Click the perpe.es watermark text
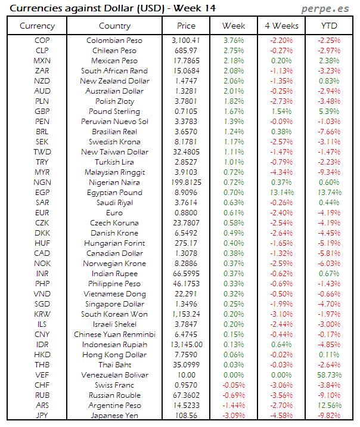[326, 8]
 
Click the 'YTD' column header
[328, 26]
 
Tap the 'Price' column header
[187, 26]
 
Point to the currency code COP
[42, 41]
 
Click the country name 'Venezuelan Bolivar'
[114, 375]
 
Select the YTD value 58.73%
[329, 375]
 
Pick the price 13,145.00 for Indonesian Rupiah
[187, 345]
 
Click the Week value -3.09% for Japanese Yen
[233, 416]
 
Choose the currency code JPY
[42, 416]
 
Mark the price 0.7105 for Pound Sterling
[187, 112]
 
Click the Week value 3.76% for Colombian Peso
[233, 41]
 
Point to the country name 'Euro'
[114, 213]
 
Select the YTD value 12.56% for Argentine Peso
[329, 406]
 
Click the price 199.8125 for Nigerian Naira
[187, 182]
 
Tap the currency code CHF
[42, 385]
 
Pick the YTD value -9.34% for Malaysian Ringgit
[329, 172]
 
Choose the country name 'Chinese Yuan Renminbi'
[114, 335]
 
